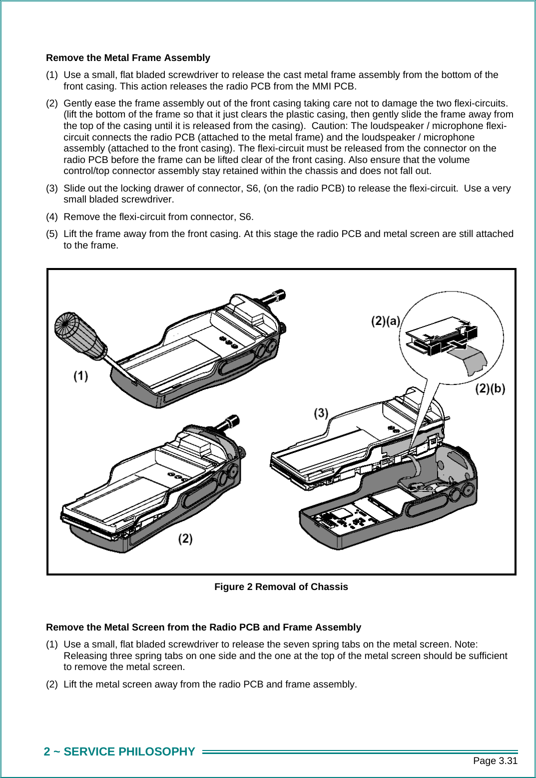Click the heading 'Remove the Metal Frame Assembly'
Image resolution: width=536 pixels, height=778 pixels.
[x=128, y=58]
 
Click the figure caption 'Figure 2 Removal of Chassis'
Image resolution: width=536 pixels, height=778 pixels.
[x=281, y=587]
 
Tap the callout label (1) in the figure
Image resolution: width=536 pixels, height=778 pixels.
[x=81, y=376]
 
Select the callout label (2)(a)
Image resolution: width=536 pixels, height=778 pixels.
[x=385, y=321]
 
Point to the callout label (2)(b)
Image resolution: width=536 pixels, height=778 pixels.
[x=490, y=388]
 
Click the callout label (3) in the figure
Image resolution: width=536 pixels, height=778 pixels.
[x=321, y=413]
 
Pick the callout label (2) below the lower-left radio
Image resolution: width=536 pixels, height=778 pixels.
[x=185, y=538]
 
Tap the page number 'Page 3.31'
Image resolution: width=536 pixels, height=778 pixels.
[x=495, y=761]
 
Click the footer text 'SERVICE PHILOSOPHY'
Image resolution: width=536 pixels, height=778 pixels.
[x=129, y=752]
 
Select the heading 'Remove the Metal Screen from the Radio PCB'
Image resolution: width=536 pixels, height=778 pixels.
[x=203, y=627]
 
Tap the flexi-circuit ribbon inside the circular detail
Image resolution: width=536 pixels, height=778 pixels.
[x=472, y=359]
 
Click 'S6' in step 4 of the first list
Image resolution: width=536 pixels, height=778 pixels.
[x=245, y=217]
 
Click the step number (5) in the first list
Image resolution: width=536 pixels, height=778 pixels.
[x=52, y=234]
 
